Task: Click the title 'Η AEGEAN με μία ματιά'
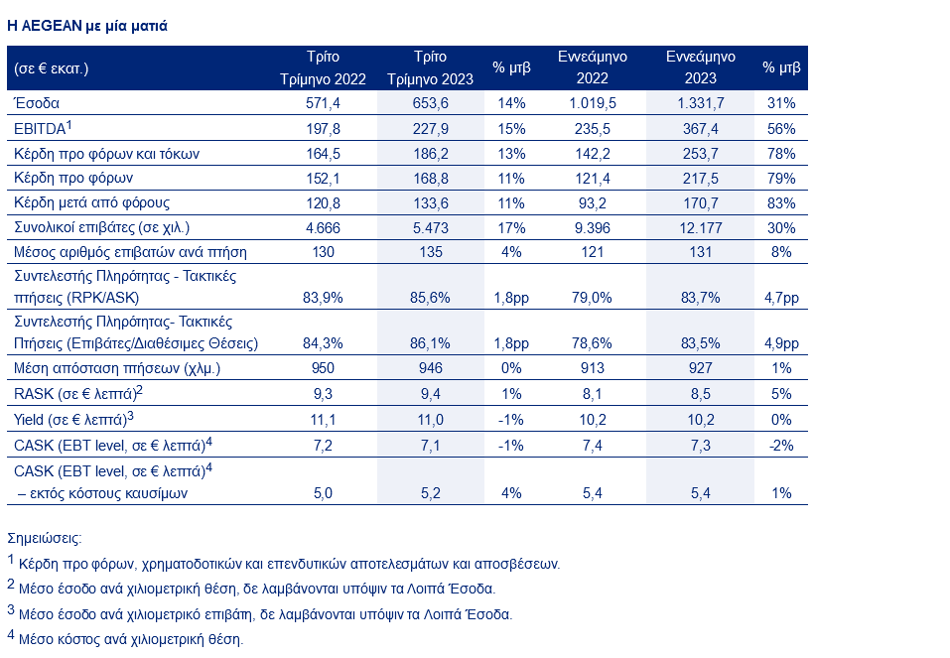(x=87, y=26)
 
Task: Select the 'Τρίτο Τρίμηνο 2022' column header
(x=323, y=67)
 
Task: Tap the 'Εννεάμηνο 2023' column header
(x=700, y=67)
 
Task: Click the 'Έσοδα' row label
(x=38, y=103)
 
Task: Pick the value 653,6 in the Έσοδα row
(x=431, y=103)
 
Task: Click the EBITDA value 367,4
(x=700, y=128)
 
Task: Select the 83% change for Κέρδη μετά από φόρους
(x=781, y=202)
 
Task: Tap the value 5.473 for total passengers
(x=431, y=227)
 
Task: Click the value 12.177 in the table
(x=700, y=227)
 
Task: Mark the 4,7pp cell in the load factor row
(x=781, y=297)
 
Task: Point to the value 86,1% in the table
(x=431, y=343)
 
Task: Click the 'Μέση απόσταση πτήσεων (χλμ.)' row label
(x=116, y=368)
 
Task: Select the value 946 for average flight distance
(x=431, y=368)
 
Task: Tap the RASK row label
(x=77, y=393)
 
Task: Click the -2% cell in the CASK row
(x=781, y=446)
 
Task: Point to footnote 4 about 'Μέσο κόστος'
(x=130, y=639)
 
